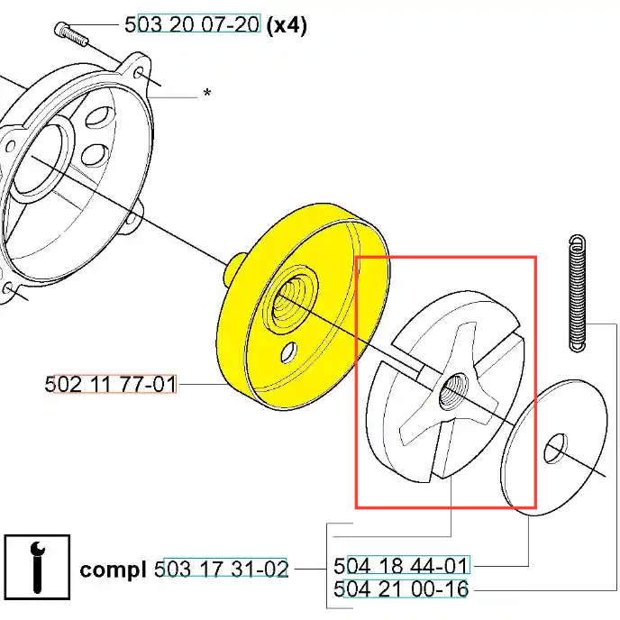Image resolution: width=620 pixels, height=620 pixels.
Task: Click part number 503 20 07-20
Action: (193, 23)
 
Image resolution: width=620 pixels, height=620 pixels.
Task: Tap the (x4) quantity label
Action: (287, 26)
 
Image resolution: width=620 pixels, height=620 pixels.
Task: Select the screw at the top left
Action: (70, 34)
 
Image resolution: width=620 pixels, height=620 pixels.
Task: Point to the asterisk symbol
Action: (207, 93)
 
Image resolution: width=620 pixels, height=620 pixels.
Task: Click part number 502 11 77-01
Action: (110, 384)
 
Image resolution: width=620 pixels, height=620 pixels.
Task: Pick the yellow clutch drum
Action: (303, 306)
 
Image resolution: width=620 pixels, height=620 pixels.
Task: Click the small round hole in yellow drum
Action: (288, 352)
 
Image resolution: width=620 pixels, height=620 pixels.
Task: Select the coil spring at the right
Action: (578, 293)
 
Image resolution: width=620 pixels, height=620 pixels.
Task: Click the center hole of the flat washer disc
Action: (555, 448)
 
